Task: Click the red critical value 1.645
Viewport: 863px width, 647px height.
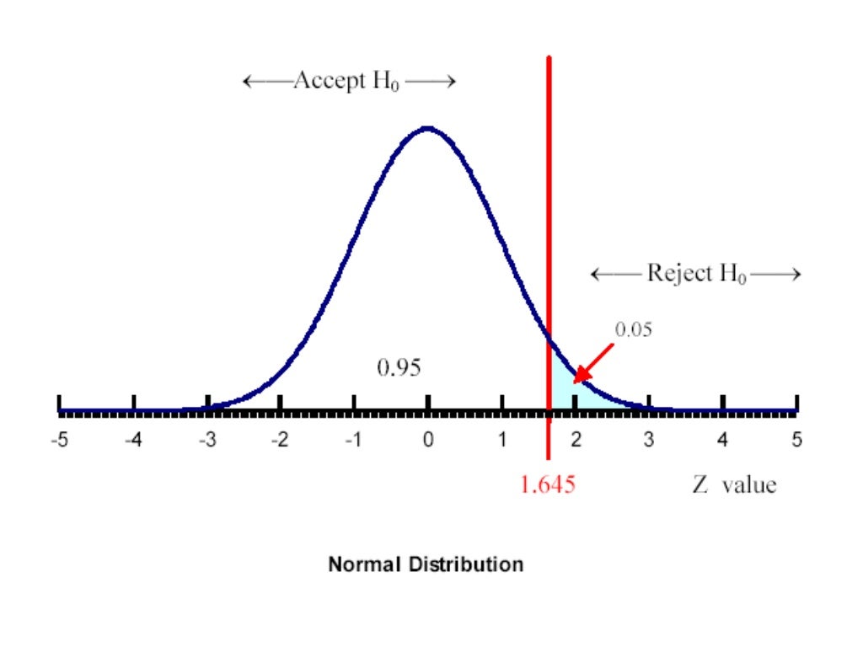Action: [x=548, y=485]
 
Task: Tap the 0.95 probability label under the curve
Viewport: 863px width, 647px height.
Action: [x=399, y=367]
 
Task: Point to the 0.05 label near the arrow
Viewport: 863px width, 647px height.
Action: [x=633, y=330]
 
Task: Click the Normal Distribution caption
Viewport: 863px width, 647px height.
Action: [x=426, y=564]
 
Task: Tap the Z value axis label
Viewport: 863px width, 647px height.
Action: [x=734, y=485]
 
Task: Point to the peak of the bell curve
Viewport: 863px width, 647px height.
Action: [x=428, y=128]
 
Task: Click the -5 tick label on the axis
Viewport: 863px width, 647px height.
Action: [x=58, y=440]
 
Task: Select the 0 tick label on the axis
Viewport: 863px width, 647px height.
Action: [x=428, y=440]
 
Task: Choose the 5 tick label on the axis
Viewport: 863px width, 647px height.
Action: [x=796, y=440]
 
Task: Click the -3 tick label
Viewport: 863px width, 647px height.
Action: [x=206, y=440]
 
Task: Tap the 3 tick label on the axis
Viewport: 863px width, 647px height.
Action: [x=649, y=440]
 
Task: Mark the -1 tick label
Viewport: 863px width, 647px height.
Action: [x=353, y=440]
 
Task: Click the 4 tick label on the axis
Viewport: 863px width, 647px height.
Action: [x=723, y=440]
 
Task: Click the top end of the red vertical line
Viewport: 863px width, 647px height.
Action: [x=549, y=58]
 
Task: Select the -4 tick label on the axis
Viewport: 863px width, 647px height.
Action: [x=131, y=440]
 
